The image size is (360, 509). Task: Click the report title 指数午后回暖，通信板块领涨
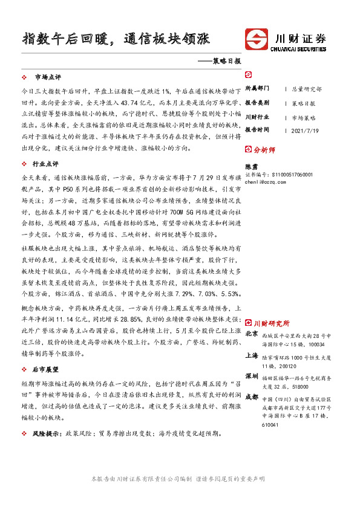(x=116, y=39)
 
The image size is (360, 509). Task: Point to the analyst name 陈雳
(x=250, y=166)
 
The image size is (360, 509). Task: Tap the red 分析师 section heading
(x=264, y=149)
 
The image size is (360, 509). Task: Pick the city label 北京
(x=252, y=334)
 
